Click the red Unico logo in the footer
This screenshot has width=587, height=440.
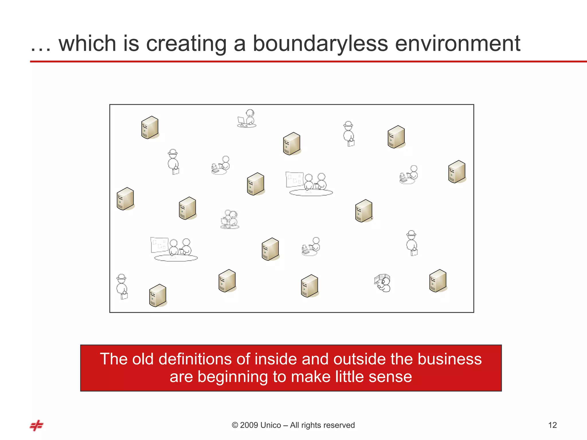click(x=36, y=425)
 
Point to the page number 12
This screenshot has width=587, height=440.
click(x=552, y=425)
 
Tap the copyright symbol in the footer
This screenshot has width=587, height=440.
click(x=235, y=425)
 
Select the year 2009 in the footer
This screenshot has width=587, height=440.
click(x=249, y=425)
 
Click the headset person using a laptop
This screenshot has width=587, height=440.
click(x=247, y=118)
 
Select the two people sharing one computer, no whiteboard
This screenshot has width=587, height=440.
click(x=230, y=219)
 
